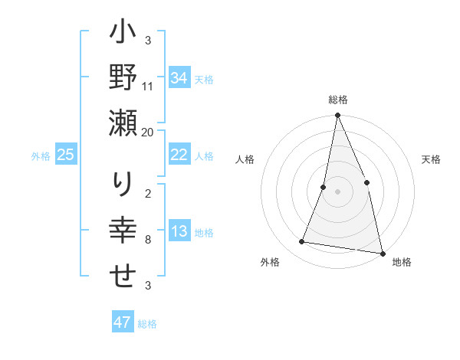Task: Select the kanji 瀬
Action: pos(123,123)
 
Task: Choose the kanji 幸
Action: pos(123,231)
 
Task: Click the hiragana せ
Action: pos(123,277)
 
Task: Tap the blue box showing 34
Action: pos(179,78)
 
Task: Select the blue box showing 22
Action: pos(179,155)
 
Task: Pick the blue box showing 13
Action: pos(179,232)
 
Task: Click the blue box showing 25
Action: pos(66,155)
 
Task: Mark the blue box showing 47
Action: pos(123,322)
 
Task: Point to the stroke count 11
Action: pos(148,86)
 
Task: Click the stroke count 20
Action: pos(148,132)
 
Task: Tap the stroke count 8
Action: pos(147,240)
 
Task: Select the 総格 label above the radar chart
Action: pos(337,100)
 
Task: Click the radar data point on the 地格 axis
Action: pos(381,252)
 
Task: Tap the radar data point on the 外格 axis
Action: pos(302,242)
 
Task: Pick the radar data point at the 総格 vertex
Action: pos(337,116)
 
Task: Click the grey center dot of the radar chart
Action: pos(337,191)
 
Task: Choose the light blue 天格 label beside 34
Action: pos(204,79)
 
